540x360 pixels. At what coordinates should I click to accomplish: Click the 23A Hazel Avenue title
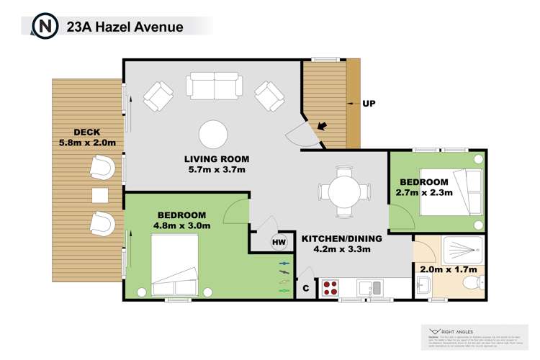(x=124, y=27)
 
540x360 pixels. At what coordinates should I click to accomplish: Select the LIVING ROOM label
(x=216, y=159)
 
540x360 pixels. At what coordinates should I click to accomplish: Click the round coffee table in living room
(x=214, y=134)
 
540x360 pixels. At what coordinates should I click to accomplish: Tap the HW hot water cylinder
(x=278, y=243)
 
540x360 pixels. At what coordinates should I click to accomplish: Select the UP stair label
(x=369, y=104)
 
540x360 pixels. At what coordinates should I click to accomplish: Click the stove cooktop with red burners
(x=330, y=288)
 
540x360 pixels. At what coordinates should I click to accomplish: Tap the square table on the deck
(x=99, y=195)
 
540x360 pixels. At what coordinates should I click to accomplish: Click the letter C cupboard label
(x=305, y=289)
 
